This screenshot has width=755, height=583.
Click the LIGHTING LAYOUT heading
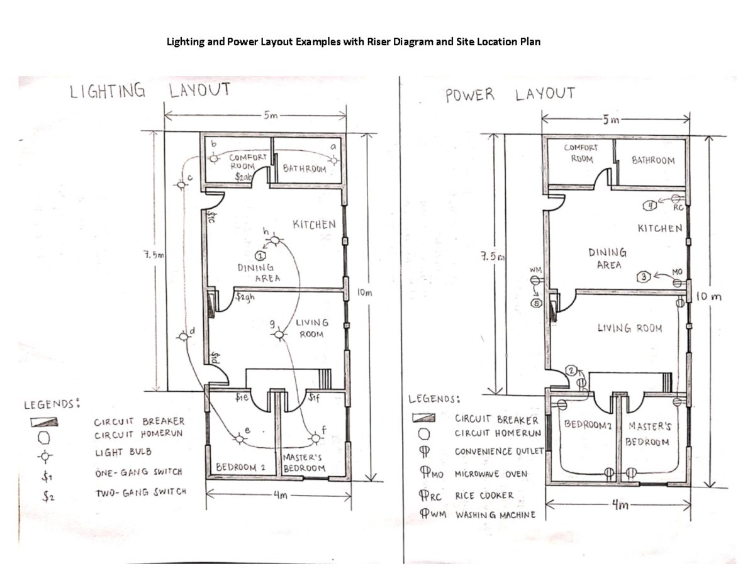[149, 92]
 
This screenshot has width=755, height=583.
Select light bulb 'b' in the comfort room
[215, 159]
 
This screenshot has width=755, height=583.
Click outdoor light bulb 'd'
[184, 337]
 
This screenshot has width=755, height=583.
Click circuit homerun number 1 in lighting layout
[259, 255]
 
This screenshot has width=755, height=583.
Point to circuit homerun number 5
[537, 303]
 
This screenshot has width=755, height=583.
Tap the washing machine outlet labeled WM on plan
[535, 280]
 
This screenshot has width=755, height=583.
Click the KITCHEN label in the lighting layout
[314, 225]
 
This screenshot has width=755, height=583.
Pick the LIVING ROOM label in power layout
[629, 328]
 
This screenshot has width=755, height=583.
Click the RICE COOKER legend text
[484, 496]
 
